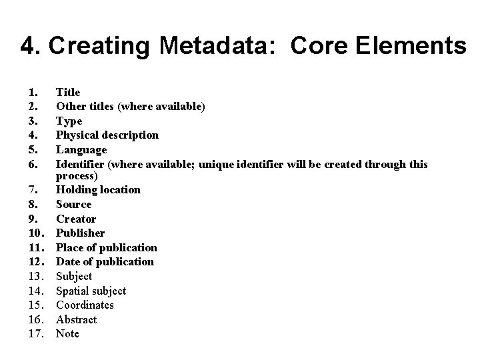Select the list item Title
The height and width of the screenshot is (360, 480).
(68, 92)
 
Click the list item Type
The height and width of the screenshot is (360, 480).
(69, 121)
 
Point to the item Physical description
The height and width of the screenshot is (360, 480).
(107, 135)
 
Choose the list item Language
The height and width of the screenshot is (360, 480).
(81, 150)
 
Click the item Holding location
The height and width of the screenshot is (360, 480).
(98, 189)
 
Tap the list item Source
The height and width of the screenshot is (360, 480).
(73, 204)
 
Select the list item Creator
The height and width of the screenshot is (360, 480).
(76, 219)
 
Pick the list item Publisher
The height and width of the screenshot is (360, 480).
(80, 233)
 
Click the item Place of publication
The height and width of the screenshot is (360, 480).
(107, 247)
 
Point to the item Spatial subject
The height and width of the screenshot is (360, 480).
(91, 291)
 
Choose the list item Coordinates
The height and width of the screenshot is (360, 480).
(85, 305)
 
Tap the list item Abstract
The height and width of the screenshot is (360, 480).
(76, 319)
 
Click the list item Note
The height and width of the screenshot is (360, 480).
(67, 333)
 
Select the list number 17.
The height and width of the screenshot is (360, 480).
(36, 333)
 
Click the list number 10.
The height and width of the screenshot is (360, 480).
(36, 233)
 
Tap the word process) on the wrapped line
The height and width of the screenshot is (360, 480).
(76, 176)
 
